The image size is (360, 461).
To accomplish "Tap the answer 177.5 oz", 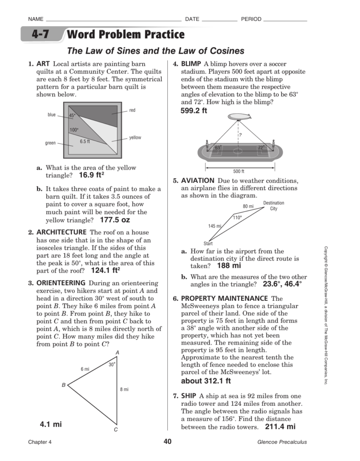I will click(115, 220).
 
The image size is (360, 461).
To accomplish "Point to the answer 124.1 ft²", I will click(105, 271).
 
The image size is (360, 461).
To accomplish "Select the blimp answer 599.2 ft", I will click(194, 111).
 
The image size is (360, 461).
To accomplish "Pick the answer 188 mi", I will click(229, 266).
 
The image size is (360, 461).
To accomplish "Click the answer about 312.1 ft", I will click(206, 381).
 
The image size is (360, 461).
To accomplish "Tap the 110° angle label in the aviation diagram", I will click(237, 217).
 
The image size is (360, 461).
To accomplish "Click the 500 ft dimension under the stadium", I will click(238, 172).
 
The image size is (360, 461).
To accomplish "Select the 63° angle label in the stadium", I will click(218, 148).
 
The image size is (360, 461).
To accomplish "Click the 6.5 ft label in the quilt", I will click(85, 141).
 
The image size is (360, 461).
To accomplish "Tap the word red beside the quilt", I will click(132, 110).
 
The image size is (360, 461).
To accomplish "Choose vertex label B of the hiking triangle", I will click(64, 385).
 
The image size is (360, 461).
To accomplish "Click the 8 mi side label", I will click(124, 389).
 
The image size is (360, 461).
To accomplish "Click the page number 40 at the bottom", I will click(167, 442).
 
